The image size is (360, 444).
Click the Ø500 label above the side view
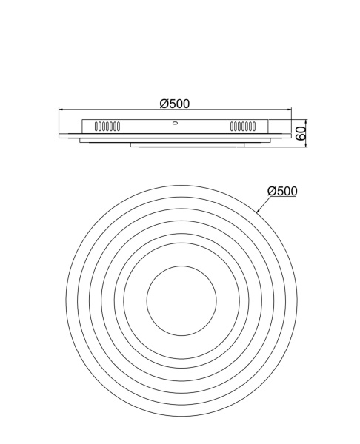pos(176,104)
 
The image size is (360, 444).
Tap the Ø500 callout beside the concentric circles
pos(282,191)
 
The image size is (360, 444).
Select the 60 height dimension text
pos(301,134)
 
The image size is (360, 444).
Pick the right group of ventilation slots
pos(243,127)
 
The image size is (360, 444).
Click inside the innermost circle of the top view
pos(181,302)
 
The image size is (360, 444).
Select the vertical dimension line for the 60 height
pos(307,134)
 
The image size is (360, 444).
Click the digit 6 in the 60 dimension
pos(301,138)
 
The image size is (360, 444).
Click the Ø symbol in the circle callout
pos(272,191)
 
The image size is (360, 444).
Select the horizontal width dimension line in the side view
pos(119,111)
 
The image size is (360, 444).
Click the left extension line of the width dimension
pos(59,123)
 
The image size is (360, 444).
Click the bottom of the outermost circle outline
pos(181,417)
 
